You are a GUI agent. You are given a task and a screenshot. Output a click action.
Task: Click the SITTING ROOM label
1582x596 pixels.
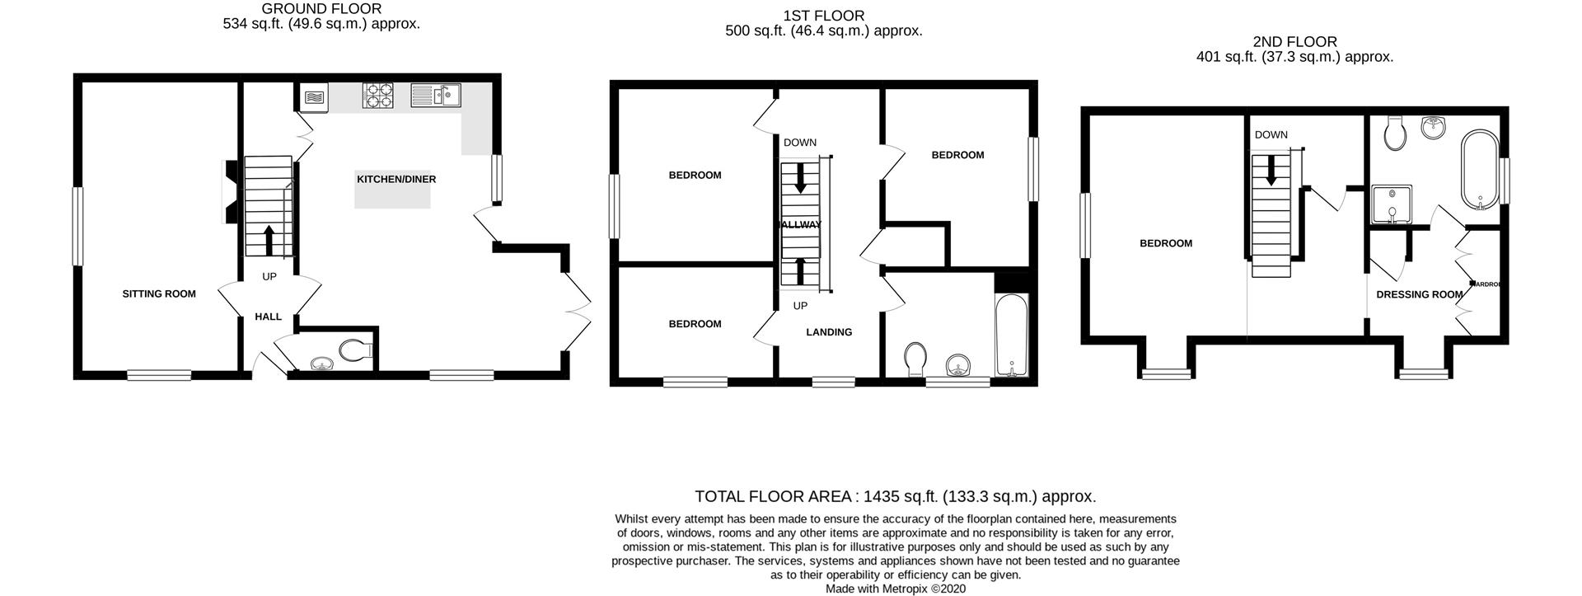[x=159, y=294]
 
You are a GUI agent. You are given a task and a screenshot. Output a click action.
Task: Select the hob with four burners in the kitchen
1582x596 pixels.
[x=378, y=96]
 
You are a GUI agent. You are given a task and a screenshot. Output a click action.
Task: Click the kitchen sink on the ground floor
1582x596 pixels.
[x=435, y=96]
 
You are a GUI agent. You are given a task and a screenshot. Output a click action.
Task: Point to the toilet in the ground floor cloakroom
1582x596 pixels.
[x=355, y=350]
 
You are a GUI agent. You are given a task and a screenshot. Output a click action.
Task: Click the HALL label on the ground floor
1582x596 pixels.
[x=268, y=317]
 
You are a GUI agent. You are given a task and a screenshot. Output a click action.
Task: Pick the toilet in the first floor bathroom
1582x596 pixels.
[x=914, y=359]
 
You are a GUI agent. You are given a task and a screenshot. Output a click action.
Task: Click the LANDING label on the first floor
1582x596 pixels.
[x=829, y=332]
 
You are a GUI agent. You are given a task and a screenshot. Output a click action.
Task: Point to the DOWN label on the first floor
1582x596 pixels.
[x=799, y=143]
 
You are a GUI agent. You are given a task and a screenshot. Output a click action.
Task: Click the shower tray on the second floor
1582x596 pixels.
[x=1392, y=204]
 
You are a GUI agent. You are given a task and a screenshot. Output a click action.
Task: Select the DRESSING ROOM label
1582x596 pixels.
[x=1419, y=294]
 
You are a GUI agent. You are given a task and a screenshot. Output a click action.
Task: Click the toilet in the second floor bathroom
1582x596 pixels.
[x=1395, y=134]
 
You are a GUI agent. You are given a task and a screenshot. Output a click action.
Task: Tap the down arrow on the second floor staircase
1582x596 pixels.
[x=1271, y=171]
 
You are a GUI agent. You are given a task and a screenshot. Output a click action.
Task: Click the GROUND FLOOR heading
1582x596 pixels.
[x=321, y=9]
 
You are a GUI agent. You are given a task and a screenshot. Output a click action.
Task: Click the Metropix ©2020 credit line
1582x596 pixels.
[x=896, y=589]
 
